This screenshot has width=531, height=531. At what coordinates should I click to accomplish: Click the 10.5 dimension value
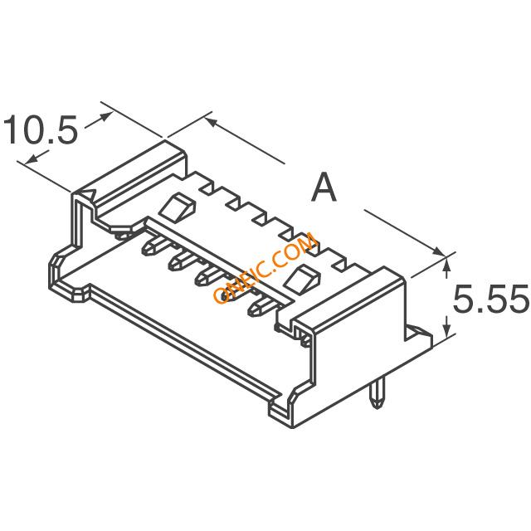click(41, 130)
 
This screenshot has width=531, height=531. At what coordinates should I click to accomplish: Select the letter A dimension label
click(324, 187)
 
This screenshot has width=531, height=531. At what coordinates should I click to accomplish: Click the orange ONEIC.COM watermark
click(265, 267)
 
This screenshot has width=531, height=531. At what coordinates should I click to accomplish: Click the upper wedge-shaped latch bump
click(178, 206)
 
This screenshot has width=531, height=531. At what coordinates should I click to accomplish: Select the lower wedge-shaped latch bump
click(302, 279)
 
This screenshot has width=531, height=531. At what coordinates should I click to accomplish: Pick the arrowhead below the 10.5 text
click(32, 158)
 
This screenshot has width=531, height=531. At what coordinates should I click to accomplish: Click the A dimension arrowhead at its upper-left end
click(212, 122)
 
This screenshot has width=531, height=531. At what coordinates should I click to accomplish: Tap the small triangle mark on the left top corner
click(90, 194)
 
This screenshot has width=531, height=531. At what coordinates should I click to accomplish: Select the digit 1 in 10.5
click(13, 130)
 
